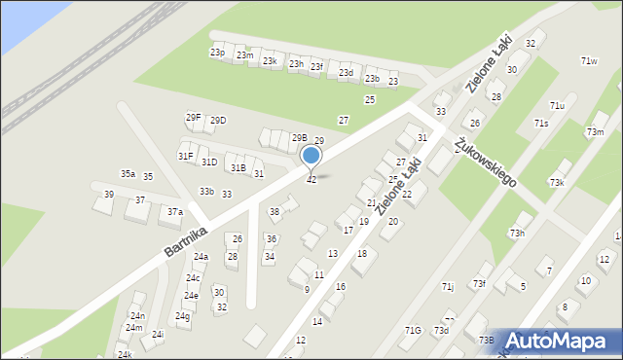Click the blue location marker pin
[311, 157]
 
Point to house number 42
[311, 180]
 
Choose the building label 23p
[217, 53]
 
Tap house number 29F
[194, 118]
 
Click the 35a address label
[128, 174]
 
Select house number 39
[109, 195]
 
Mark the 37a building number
[174, 211]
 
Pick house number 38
[275, 212]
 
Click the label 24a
[201, 257]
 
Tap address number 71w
[589, 61]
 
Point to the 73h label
[517, 234]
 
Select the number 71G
[414, 331]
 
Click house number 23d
[346, 73]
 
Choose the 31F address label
[185, 156]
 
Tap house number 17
[348, 231]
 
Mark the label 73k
[557, 183]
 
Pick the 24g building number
[182, 316]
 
